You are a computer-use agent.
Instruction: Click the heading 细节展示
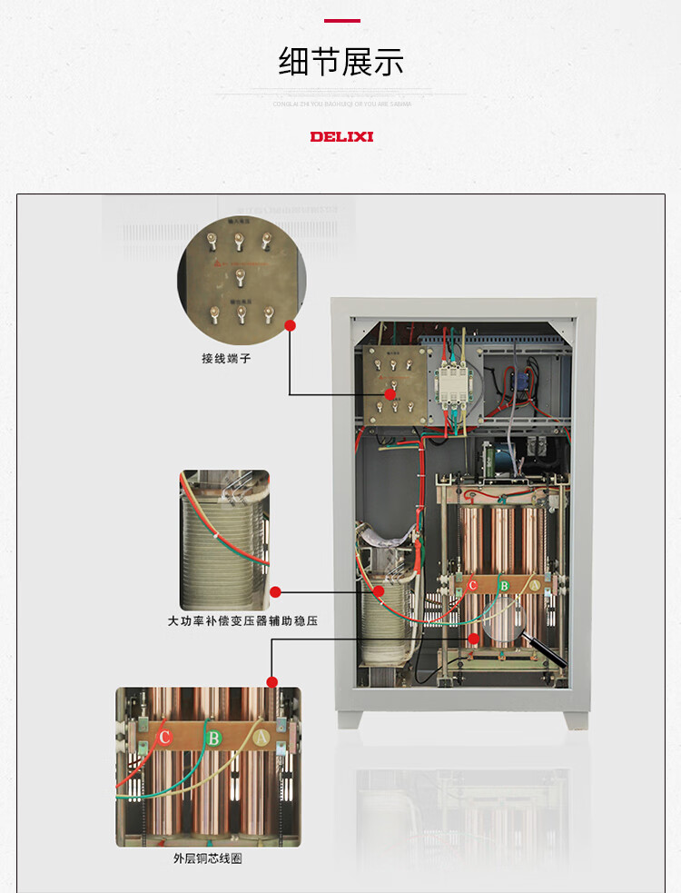pos(340,62)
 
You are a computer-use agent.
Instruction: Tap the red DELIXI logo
pos(341,137)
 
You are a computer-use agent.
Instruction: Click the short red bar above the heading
pos(341,20)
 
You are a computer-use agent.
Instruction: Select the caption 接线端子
pos(226,359)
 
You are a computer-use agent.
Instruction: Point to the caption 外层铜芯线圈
pos(207,858)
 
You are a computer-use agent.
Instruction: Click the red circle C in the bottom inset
pos(164,737)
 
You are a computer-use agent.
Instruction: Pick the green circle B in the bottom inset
pos(212,739)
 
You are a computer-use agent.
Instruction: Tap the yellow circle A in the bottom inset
pos(261,739)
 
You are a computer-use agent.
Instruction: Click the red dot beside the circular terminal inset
pos(291,324)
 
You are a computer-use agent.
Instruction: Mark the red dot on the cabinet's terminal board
pos(390,394)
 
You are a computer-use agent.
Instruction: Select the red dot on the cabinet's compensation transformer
pos(379,591)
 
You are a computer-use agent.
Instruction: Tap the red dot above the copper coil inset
pos(271,681)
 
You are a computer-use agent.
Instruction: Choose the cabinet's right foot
pos(576,719)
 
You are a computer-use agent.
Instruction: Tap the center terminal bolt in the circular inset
pos(241,273)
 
